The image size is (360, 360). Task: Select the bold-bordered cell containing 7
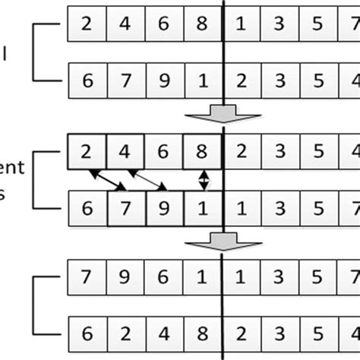tap(125, 206)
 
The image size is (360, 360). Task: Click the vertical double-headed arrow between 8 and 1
tap(203, 178)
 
